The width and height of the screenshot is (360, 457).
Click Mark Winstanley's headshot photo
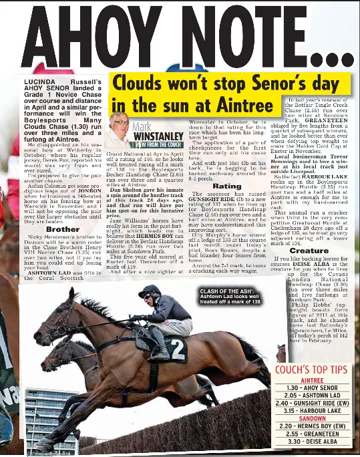(x=120, y=129)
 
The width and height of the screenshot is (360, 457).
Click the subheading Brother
(x=62, y=229)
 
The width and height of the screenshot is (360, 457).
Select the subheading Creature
(x=309, y=251)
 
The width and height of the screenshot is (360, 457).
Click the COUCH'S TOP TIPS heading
(x=311, y=369)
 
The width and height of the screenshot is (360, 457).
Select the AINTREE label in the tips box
(x=312, y=379)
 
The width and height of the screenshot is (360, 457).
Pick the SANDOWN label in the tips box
(x=312, y=418)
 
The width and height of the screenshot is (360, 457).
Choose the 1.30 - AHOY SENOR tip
(x=312, y=388)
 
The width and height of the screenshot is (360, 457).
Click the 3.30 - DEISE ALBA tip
(x=312, y=442)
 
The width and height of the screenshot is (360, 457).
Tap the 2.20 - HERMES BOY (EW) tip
(x=312, y=426)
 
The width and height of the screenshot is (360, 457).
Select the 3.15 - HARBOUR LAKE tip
(x=312, y=411)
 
